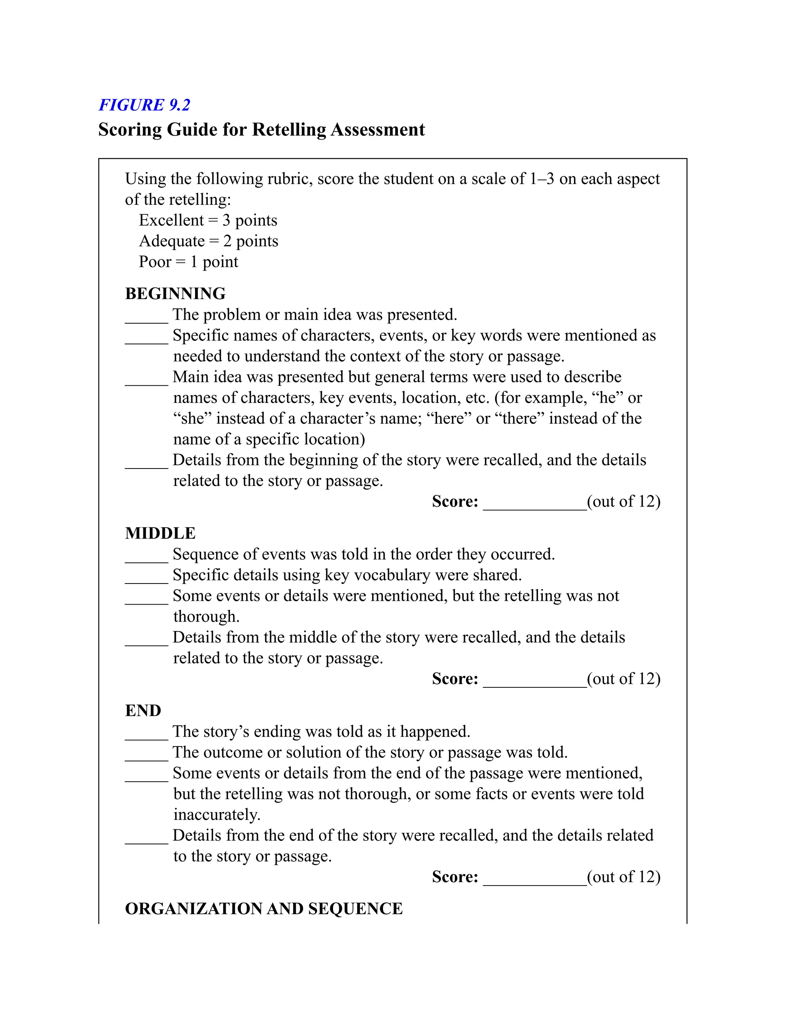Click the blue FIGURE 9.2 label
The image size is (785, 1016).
[144, 105]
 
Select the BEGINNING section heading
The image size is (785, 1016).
[175, 294]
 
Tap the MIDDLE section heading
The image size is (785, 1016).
[160, 534]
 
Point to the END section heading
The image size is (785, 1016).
[143, 711]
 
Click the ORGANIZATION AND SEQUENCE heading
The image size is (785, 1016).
[264, 909]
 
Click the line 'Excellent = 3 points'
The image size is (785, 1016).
[208, 220]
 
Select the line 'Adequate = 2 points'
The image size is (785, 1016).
[209, 242]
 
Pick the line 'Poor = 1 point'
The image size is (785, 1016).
[188, 262]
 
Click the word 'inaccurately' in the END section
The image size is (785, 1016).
[217, 815]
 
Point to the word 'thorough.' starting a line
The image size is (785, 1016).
[207, 617]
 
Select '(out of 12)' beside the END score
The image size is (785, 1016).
[624, 877]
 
